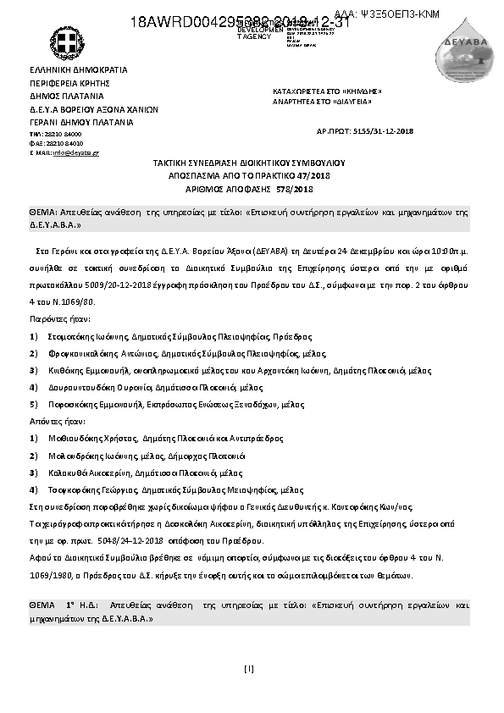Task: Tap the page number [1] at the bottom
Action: point(248,670)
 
